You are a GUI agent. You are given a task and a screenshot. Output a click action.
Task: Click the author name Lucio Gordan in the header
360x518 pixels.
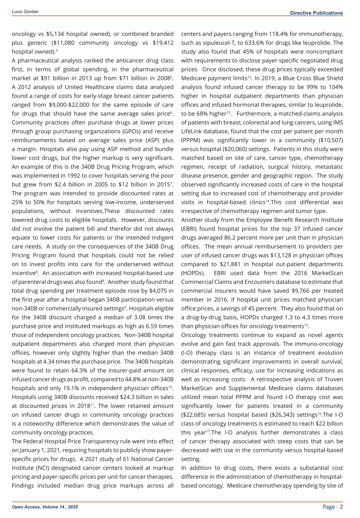click(x=25, y=12)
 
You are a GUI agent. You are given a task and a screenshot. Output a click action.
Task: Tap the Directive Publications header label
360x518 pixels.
click(x=316, y=13)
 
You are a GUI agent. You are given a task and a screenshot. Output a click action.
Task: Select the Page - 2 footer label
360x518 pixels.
click(x=333, y=506)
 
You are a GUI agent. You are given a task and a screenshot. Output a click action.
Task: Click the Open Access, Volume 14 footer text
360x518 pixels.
click(x=45, y=507)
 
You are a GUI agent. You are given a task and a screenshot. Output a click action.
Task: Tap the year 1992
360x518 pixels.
click(x=77, y=176)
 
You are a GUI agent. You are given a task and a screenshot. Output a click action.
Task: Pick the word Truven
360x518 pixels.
click(x=332, y=380)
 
